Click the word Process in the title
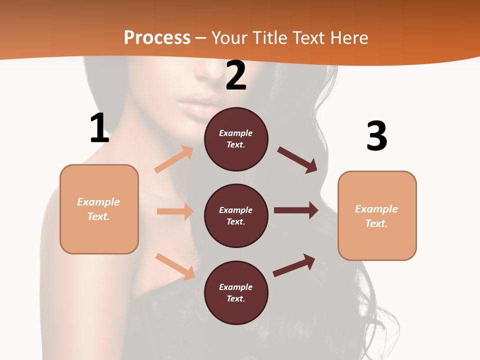[x=157, y=37]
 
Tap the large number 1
[x=99, y=128]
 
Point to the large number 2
[x=236, y=75]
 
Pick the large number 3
[x=376, y=136]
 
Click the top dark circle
[x=236, y=139]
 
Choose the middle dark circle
[x=236, y=215]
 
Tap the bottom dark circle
[x=236, y=292]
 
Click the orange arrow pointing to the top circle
[x=174, y=159]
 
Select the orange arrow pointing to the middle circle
[x=175, y=211]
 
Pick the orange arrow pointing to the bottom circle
[x=175, y=266]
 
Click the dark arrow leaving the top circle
[x=297, y=159]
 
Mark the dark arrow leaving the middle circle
[x=296, y=210]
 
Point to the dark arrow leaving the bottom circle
[x=294, y=265]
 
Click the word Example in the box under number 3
[x=376, y=209]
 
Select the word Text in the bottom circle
[x=235, y=298]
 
